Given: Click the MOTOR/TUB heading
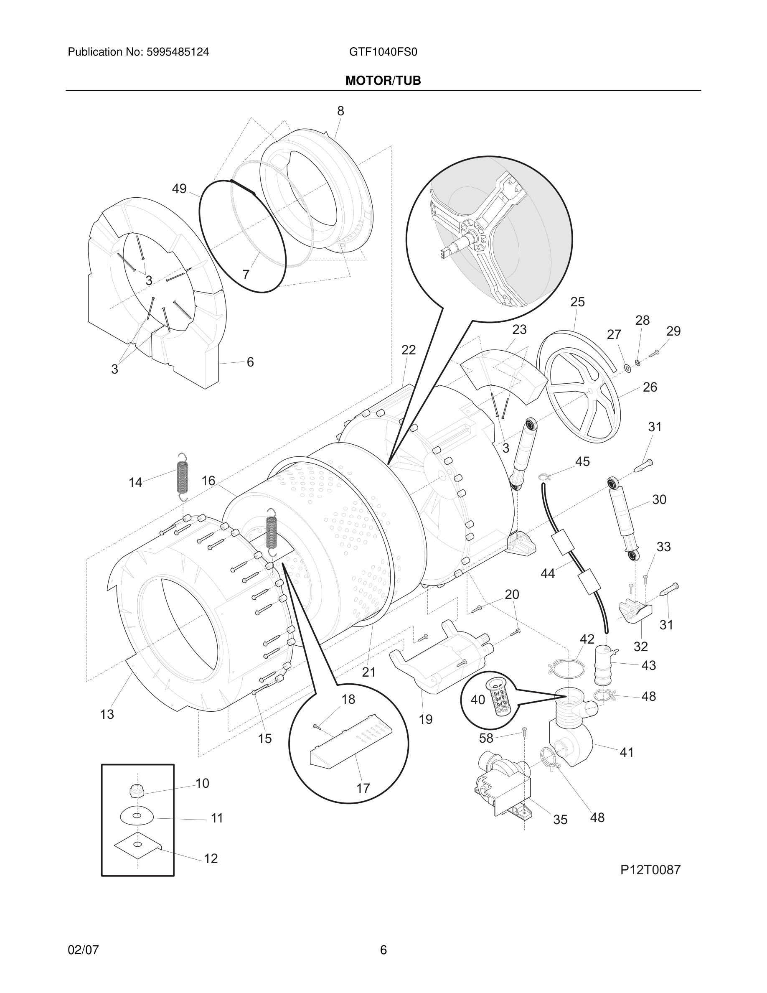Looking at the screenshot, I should click(x=383, y=81).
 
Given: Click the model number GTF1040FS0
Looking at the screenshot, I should click(x=383, y=52).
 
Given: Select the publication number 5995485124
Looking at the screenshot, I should click(x=177, y=52).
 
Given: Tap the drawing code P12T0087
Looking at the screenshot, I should click(x=650, y=870).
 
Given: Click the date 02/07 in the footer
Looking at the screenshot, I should click(x=83, y=950).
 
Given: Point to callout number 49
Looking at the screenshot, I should click(x=179, y=188).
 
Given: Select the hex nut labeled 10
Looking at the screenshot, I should click(x=136, y=792).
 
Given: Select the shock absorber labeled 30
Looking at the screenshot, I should click(x=622, y=519).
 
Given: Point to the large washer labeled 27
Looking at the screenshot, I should click(x=627, y=367).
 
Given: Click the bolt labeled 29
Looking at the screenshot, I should click(x=654, y=353).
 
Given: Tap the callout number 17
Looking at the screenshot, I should click(x=363, y=787).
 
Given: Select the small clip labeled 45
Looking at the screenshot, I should click(x=544, y=476).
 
